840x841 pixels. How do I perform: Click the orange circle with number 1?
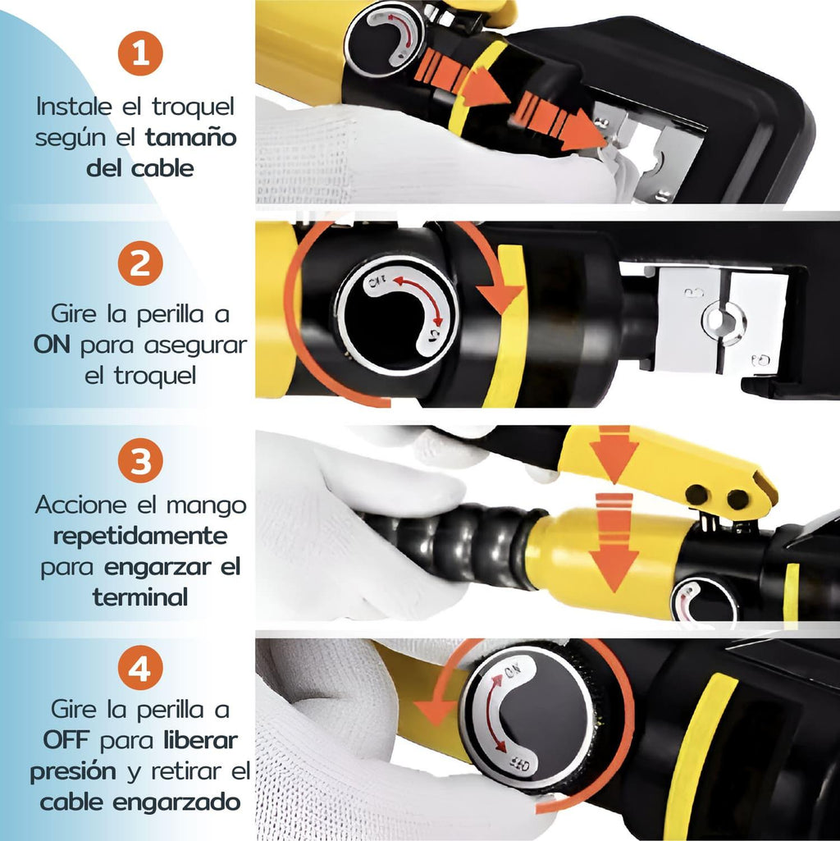[140, 53]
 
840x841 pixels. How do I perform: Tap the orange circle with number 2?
[140, 263]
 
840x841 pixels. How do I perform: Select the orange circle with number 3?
[140, 460]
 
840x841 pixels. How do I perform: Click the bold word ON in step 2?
[52, 345]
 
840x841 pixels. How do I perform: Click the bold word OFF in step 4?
[66, 741]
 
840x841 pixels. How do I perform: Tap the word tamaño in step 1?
[191, 138]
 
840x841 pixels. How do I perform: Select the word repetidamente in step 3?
[140, 537]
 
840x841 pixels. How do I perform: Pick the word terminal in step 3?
[140, 597]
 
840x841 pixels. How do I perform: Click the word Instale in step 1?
[75, 106]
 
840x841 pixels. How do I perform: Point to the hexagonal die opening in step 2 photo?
[724, 321]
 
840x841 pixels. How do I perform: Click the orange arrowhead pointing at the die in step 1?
[586, 130]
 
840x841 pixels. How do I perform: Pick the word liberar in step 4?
[200, 741]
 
